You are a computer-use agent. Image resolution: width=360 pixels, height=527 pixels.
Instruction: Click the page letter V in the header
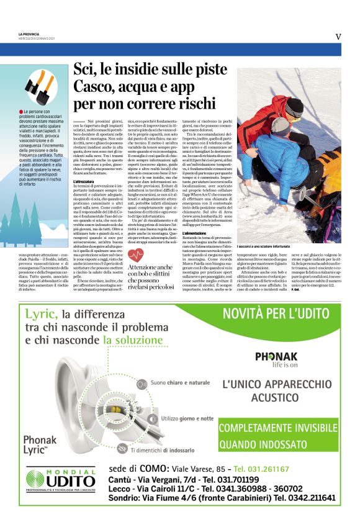coord(338,37)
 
